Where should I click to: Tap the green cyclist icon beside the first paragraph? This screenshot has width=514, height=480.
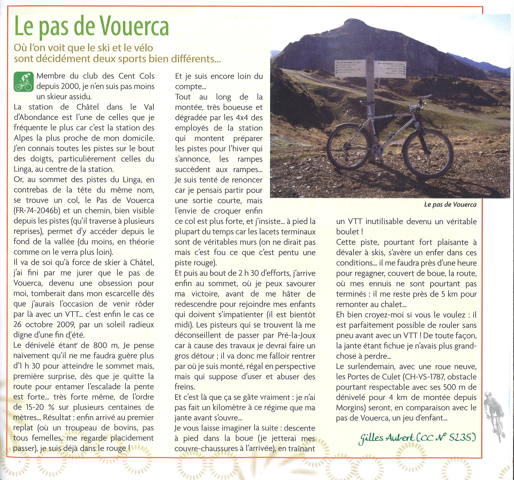coord(23,82)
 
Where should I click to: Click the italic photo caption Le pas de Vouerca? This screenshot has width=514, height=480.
coord(450,205)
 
